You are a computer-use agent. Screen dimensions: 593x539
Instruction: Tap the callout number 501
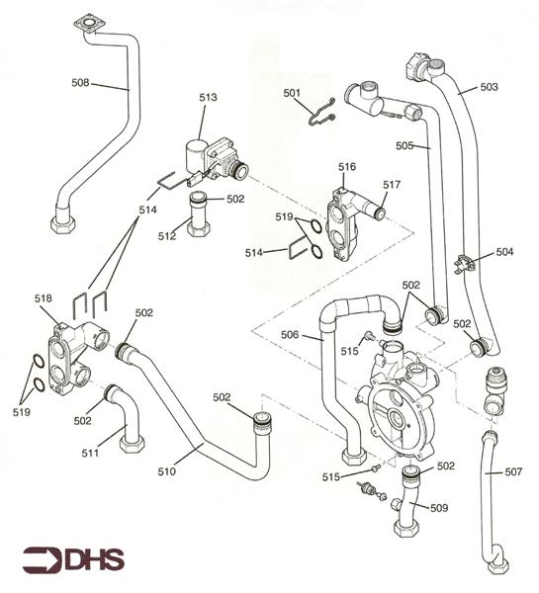(292, 94)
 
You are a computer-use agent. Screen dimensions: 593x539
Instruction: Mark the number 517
(392, 184)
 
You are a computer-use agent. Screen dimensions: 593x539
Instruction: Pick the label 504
(505, 252)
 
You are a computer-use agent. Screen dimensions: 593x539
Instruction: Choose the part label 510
(166, 471)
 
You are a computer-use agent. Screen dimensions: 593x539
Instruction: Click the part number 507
(513, 471)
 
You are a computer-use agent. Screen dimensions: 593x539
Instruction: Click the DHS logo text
(94, 558)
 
